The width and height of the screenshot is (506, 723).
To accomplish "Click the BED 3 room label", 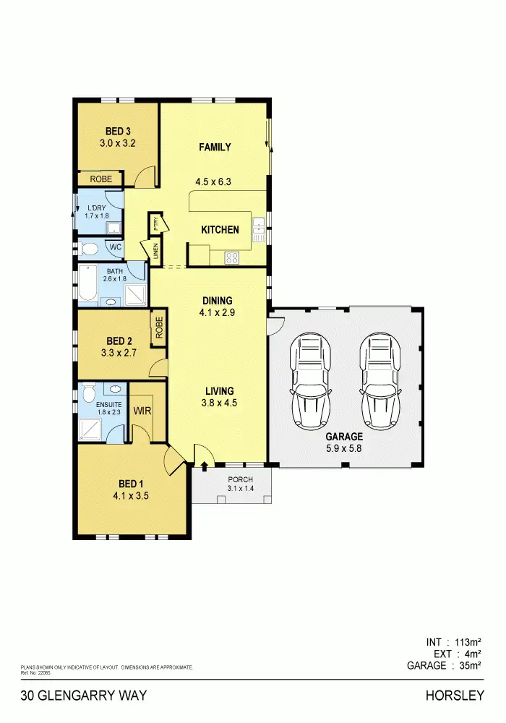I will pyautogui.click(x=118, y=131).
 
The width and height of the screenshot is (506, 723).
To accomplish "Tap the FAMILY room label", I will pyautogui.click(x=215, y=147).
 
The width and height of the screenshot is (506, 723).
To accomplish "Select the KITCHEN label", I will pyautogui.click(x=220, y=230).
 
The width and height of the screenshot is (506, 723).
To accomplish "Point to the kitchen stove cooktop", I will pyautogui.click(x=232, y=257).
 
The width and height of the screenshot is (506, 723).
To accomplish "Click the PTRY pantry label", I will pyautogui.click(x=155, y=223).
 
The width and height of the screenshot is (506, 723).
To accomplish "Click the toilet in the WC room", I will pyautogui.click(x=89, y=249).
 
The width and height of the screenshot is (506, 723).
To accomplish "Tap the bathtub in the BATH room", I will pyautogui.click(x=87, y=283).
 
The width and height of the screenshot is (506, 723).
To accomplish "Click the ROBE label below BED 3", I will pyautogui.click(x=100, y=179).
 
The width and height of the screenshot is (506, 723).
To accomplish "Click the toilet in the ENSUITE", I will pyautogui.click(x=88, y=393).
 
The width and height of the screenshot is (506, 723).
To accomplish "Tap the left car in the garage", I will pyautogui.click(x=312, y=380).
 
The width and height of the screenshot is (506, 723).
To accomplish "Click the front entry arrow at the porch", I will pyautogui.click(x=204, y=465).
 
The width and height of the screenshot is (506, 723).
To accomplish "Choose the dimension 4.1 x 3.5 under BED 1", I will pyautogui.click(x=131, y=496).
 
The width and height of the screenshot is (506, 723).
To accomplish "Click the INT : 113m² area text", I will pyautogui.click(x=453, y=641).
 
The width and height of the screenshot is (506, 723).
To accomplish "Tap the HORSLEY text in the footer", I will pyautogui.click(x=455, y=696).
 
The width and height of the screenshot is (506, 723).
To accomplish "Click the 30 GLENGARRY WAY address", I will pyautogui.click(x=84, y=696).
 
